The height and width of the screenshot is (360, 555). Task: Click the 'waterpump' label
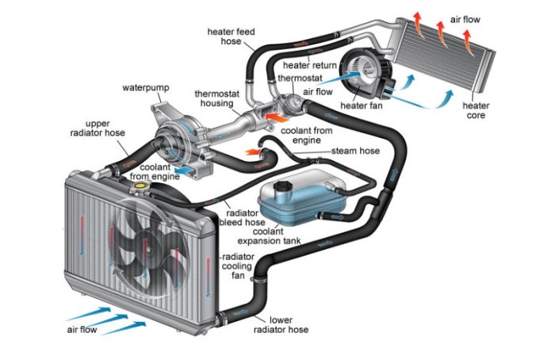click(144, 86)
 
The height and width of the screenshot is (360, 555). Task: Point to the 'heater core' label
click(476, 112)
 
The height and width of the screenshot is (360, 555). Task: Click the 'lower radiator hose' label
click(283, 325)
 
